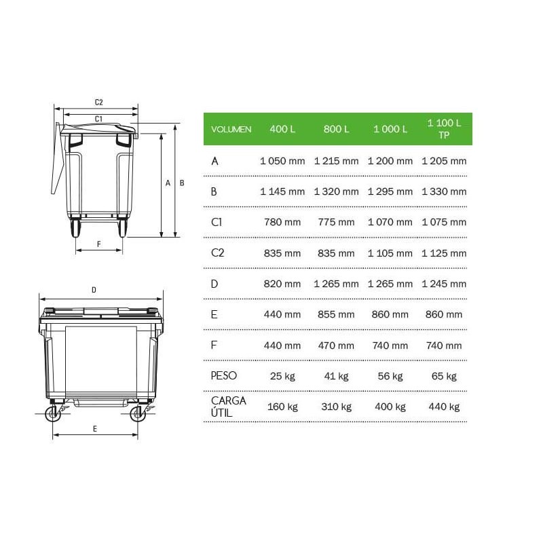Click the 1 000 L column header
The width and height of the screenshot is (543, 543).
coord(390,129)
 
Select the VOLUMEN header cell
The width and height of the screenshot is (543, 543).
coord(231,130)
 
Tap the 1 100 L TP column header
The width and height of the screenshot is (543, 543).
coord(444,129)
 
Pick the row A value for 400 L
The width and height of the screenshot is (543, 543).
coord(282,161)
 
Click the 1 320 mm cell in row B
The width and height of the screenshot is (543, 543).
coord(336,191)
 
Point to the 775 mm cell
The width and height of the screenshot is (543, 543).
coord(336,222)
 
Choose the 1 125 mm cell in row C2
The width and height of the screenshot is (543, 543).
coord(444,253)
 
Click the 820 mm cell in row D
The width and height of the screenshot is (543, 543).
coord(282,284)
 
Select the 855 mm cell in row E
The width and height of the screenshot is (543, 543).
coord(336,314)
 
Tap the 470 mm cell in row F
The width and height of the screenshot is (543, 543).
coord(336,345)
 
